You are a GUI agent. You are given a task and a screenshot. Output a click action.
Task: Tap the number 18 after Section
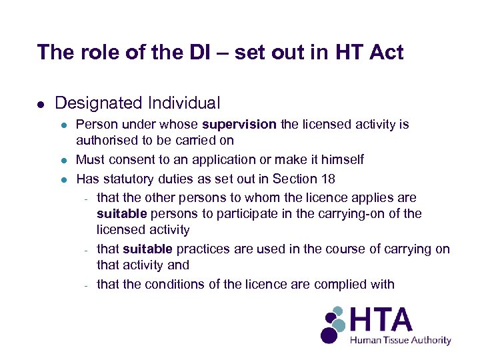coord(328,179)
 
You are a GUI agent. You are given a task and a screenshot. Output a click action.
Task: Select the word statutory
coord(126,179)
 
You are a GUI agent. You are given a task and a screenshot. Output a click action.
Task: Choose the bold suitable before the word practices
coord(147,249)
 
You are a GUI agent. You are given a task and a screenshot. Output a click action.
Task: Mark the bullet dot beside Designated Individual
coord(41,104)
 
